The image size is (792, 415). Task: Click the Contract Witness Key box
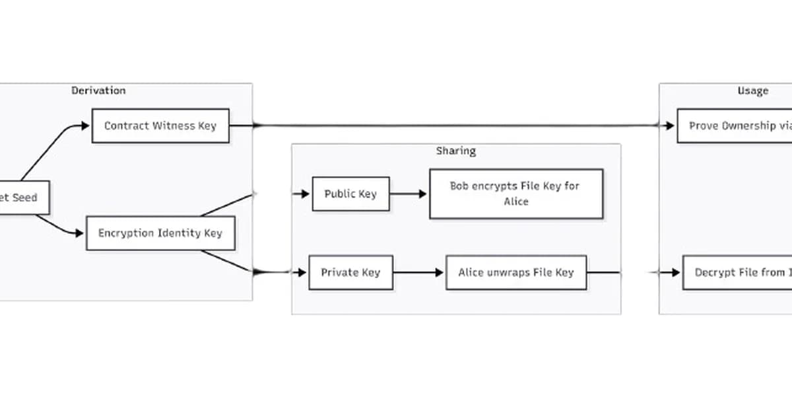click(x=160, y=126)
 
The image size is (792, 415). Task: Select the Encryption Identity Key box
click(x=160, y=233)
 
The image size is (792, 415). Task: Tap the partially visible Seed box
click(x=23, y=198)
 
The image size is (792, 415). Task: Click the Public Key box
click(x=350, y=194)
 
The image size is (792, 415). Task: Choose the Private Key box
click(x=350, y=272)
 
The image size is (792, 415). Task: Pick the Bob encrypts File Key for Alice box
click(x=515, y=194)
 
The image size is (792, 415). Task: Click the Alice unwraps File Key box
click(x=515, y=272)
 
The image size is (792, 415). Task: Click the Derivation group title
click(x=98, y=91)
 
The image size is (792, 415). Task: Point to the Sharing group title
click(x=455, y=151)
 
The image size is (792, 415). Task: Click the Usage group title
click(x=752, y=91)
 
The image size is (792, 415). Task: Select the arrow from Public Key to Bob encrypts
click(x=409, y=194)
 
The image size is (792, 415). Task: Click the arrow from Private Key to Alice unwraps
click(x=419, y=272)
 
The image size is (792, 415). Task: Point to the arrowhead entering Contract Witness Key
click(x=85, y=126)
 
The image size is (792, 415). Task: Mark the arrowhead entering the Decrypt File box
click(x=675, y=272)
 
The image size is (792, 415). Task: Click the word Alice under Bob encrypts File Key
click(x=515, y=202)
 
